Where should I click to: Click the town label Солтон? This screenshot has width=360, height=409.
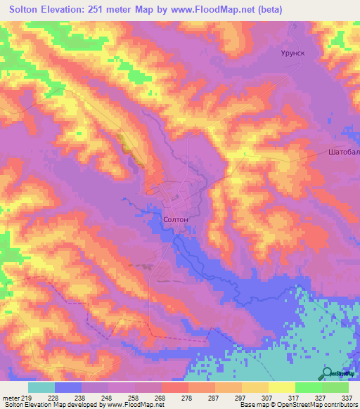[x=175, y=219]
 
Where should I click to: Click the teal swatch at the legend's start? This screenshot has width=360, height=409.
[x=41, y=387]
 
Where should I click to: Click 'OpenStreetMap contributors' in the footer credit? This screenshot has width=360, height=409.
[x=322, y=405]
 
